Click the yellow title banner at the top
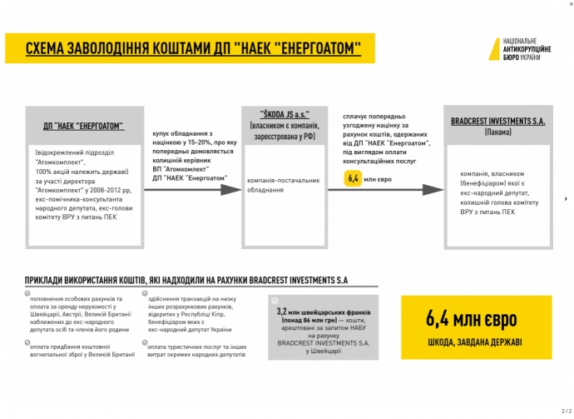coord(189,48)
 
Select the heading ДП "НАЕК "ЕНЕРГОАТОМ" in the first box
coord(84,126)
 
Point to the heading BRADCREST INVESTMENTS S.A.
coord(497,121)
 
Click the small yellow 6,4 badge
coord(353,177)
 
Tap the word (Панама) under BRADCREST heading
coord(497,132)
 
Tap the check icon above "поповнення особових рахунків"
coord(27,293)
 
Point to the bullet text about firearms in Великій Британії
coord(77,349)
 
